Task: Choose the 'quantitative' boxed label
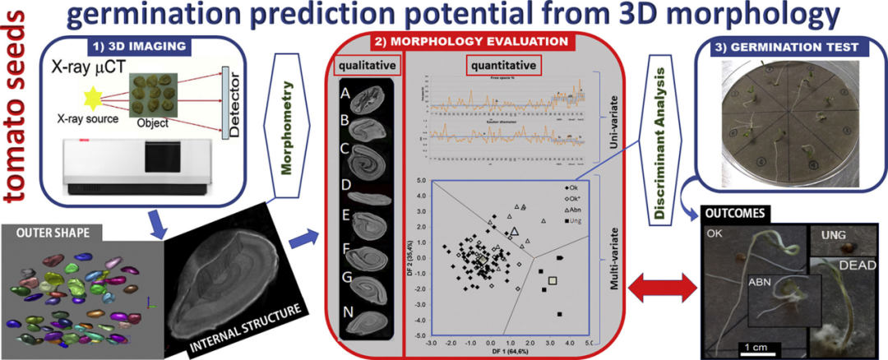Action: (502, 64)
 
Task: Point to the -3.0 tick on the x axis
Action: (431, 343)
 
